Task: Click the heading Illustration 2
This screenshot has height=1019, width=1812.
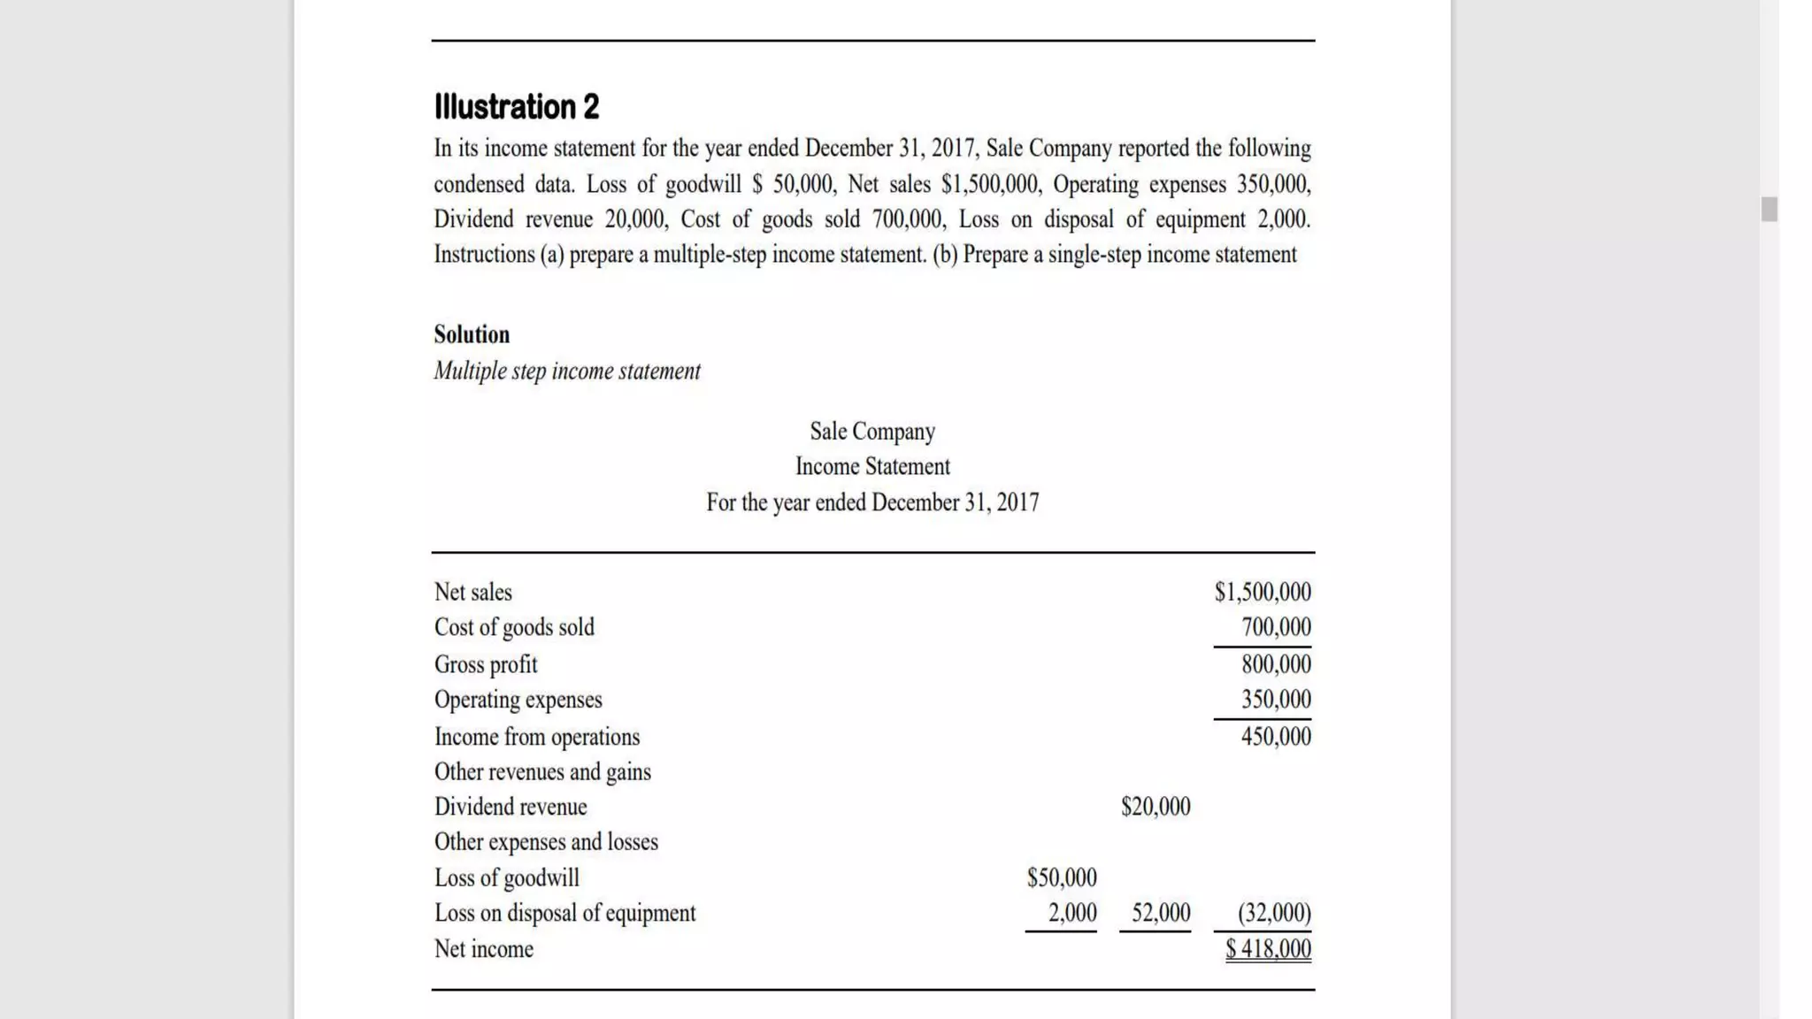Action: [517, 107]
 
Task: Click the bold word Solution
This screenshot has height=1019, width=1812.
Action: [472, 334]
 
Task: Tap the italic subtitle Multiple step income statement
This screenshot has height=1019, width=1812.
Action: [567, 371]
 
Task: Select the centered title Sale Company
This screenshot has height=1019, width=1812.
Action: [872, 431]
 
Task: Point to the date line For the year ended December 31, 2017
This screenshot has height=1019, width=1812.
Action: [872, 502]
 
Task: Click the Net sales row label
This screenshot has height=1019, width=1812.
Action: [473, 592]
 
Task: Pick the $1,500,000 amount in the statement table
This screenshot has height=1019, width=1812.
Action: [1263, 592]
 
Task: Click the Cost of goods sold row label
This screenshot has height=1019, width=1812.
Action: [514, 627]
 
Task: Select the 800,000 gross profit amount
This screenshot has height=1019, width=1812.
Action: [1276, 664]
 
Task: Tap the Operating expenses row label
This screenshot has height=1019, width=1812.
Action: [518, 700]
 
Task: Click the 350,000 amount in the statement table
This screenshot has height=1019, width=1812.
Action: [1276, 700]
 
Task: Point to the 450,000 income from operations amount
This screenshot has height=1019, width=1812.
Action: [1276, 736]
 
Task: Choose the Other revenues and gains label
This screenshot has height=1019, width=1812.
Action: [542, 772]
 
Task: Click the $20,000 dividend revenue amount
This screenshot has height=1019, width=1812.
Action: [1156, 807]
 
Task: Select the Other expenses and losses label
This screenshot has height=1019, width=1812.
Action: [546, 842]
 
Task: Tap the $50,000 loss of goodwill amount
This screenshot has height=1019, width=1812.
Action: [1062, 877]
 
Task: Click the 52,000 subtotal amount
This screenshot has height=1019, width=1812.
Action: [1161, 913]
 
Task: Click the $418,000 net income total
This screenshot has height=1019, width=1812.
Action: [1268, 949]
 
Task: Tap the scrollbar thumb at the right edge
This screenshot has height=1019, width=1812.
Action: [1769, 210]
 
